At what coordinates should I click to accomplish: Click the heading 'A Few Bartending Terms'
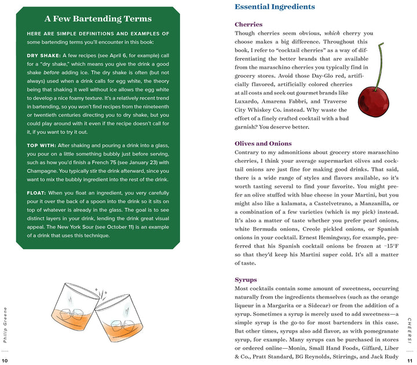[98, 19]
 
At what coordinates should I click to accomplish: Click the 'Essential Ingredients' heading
[275, 7]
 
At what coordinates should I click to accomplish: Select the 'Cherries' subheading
[248, 24]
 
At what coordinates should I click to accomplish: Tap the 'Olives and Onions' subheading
[263, 143]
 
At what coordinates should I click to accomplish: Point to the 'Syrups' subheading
[246, 280]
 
